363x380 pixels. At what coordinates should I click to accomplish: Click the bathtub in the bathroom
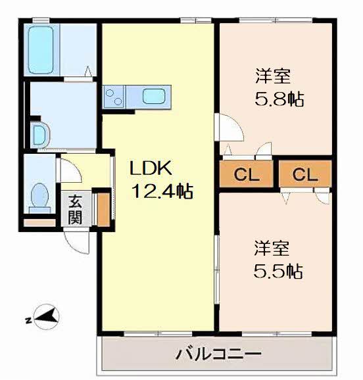point(41,49)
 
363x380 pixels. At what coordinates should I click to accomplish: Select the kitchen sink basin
point(154,97)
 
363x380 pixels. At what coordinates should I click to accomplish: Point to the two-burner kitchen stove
point(114,97)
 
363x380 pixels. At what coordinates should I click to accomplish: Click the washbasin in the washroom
point(39,135)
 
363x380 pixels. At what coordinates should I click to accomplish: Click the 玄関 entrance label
point(75,209)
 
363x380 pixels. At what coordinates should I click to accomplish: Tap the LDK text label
point(151,168)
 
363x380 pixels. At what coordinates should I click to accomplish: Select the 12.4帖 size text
point(162,191)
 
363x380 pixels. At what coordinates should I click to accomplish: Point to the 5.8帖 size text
point(279,99)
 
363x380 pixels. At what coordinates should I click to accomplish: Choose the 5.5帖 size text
point(278,271)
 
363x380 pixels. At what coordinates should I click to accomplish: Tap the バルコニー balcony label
point(218,354)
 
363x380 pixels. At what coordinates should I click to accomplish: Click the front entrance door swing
point(77,241)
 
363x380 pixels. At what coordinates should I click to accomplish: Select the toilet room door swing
point(70,170)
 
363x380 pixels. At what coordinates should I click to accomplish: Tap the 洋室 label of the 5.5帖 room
point(272,248)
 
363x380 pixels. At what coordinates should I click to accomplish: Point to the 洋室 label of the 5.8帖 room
point(273,76)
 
